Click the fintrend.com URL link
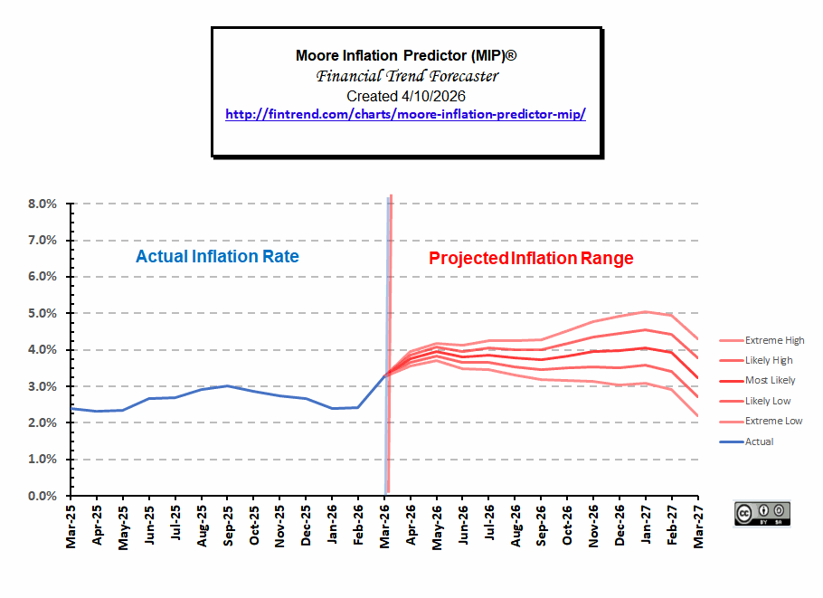click(405, 115)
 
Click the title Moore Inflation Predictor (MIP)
click(406, 56)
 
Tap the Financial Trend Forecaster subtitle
click(407, 76)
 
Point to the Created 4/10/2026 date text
click(406, 96)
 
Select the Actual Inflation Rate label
click(217, 256)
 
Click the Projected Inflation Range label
click(531, 259)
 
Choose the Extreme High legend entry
click(762, 341)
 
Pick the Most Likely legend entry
click(757, 381)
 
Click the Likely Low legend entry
click(755, 401)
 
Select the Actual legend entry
click(746, 442)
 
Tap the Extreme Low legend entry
click(761, 421)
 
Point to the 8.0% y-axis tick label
click(43, 204)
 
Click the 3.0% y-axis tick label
click(43, 386)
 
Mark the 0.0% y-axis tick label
click(43, 496)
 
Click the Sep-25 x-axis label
click(227, 526)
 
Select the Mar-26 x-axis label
click(384, 527)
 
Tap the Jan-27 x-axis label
click(646, 525)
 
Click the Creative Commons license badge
click(762, 514)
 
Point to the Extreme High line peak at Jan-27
click(646, 312)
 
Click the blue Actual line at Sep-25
click(227, 386)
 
